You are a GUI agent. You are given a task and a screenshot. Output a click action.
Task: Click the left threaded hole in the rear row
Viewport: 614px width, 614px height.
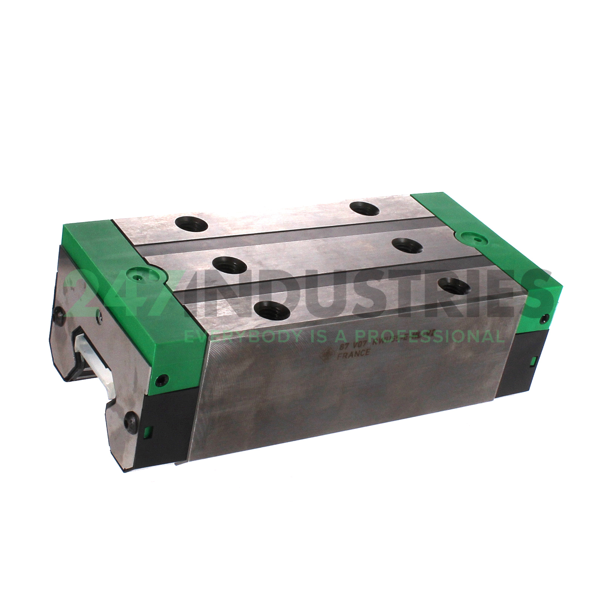click(x=191, y=225)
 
